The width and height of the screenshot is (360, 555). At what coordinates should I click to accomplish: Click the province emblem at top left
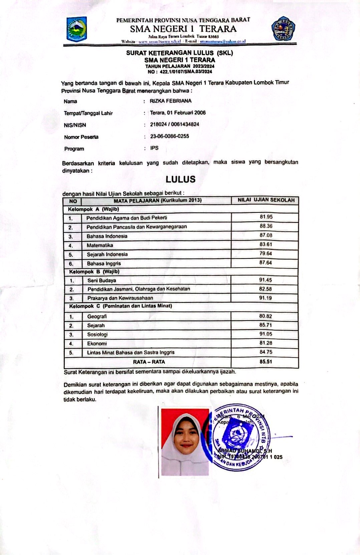click(77, 29)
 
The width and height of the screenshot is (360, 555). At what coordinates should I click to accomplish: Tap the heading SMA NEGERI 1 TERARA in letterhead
click(183, 29)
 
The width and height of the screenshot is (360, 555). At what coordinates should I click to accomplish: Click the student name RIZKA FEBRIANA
click(170, 101)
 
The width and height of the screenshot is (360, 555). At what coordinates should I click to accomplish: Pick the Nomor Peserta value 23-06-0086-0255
click(169, 136)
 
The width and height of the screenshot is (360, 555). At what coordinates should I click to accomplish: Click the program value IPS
click(154, 148)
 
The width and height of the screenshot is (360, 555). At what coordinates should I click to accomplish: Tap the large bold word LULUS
click(181, 179)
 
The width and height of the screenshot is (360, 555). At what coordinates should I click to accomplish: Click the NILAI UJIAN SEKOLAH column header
click(266, 200)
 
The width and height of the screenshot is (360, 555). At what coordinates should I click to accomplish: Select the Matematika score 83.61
click(266, 244)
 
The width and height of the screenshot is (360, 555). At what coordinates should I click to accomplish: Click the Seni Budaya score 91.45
click(266, 280)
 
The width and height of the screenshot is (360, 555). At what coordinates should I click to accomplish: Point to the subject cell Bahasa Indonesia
click(107, 236)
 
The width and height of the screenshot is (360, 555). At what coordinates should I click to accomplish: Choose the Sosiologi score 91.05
click(266, 334)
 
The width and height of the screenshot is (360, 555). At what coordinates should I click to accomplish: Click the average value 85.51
click(266, 361)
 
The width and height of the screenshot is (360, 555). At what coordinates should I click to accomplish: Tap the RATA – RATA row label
click(149, 362)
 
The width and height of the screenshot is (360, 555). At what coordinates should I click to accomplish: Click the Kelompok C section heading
click(120, 306)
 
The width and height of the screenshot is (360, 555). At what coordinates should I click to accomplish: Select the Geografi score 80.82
click(266, 316)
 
